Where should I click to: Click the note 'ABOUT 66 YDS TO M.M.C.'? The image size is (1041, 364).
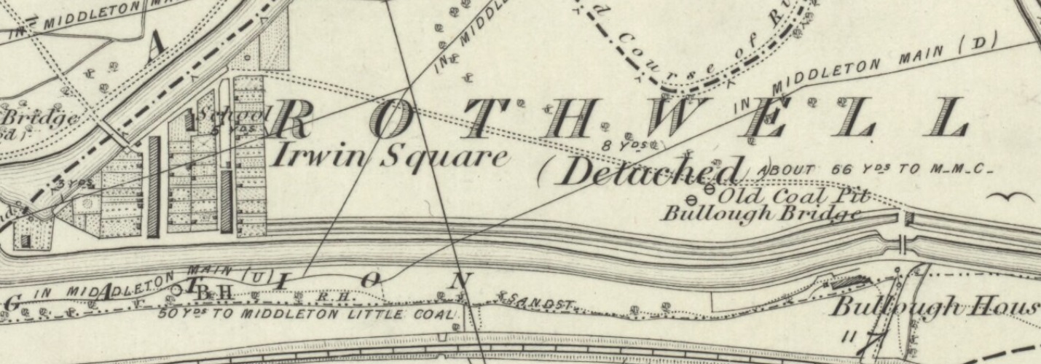click(x=874, y=170)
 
